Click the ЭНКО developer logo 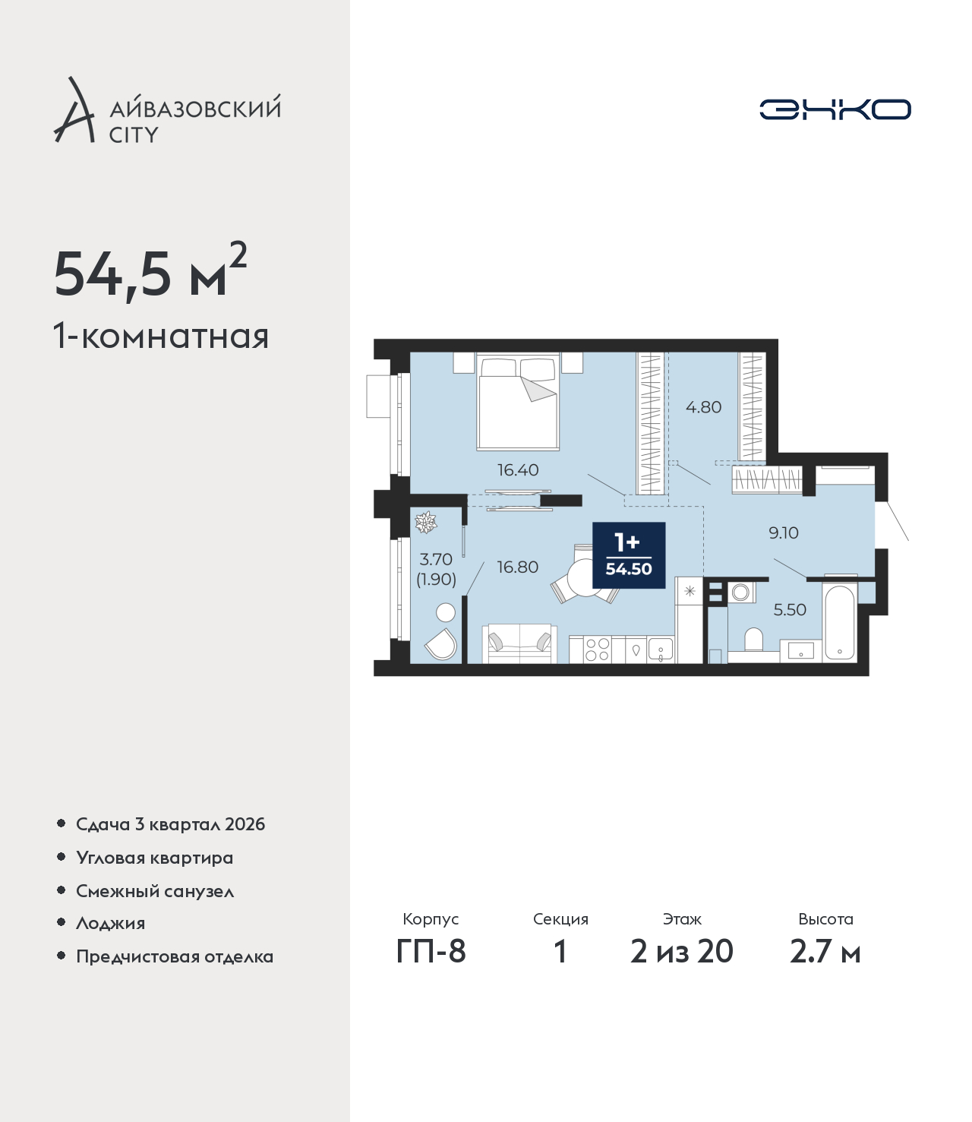pos(835,109)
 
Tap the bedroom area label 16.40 pos(518,470)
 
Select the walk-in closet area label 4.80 pos(703,407)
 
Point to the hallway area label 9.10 pos(783,533)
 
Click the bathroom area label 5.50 pos(790,609)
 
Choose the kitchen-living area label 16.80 pos(517,567)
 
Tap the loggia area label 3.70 pos(436,559)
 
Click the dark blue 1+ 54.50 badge pos(629,555)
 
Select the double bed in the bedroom pos(518,402)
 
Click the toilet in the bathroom pos(753,640)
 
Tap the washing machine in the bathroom pos(740,592)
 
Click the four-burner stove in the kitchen pos(597,649)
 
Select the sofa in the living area pos(519,643)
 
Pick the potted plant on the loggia pos(425,522)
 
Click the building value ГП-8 pos(431,952)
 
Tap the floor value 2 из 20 pos(682,952)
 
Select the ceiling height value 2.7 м pos(825,952)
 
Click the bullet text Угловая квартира pos(155,858)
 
